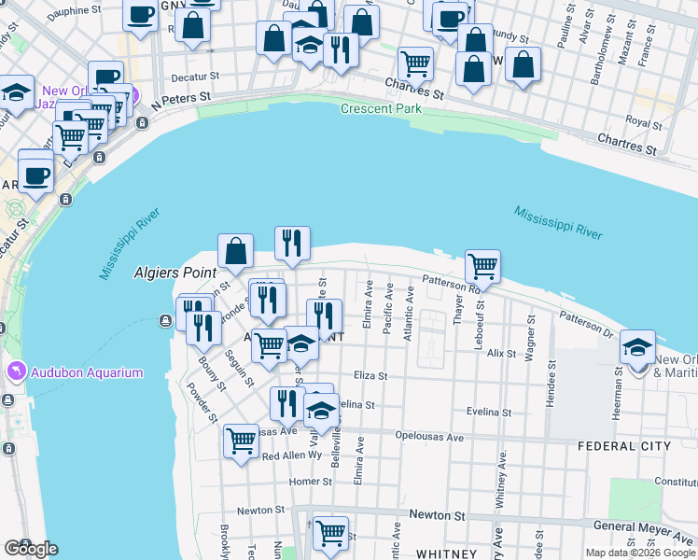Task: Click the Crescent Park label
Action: (x=380, y=109)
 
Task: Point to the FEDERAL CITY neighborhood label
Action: (x=624, y=446)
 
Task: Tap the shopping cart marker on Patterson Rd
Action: (x=482, y=266)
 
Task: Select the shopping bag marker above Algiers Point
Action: (x=236, y=250)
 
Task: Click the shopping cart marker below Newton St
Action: (x=330, y=533)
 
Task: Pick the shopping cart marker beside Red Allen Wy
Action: (x=242, y=440)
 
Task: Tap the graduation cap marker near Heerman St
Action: (x=638, y=348)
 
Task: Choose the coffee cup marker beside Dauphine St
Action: (x=140, y=15)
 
